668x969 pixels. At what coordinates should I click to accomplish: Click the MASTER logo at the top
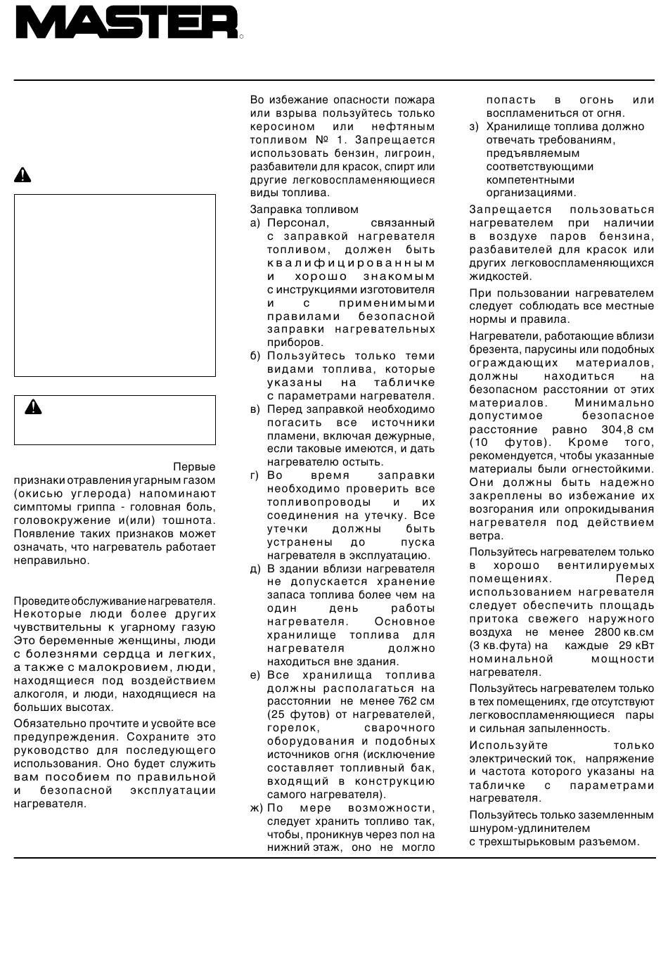[x=127, y=23]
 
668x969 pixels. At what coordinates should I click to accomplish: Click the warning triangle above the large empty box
[x=23, y=174]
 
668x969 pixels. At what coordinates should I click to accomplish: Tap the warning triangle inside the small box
[x=33, y=406]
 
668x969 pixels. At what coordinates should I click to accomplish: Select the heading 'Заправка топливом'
[x=304, y=210]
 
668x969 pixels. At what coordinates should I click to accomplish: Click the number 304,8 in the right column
[x=619, y=430]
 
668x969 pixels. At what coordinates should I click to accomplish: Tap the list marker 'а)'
[x=255, y=223]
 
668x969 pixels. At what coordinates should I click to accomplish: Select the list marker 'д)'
[x=255, y=568]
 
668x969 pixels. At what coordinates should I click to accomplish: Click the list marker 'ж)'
[x=256, y=808]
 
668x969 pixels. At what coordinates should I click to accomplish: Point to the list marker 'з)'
[x=474, y=127]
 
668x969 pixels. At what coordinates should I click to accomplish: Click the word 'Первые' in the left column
[x=194, y=467]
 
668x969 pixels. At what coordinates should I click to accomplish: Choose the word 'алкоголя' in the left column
[x=36, y=694]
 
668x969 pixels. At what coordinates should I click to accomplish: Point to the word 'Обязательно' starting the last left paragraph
[x=45, y=724]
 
